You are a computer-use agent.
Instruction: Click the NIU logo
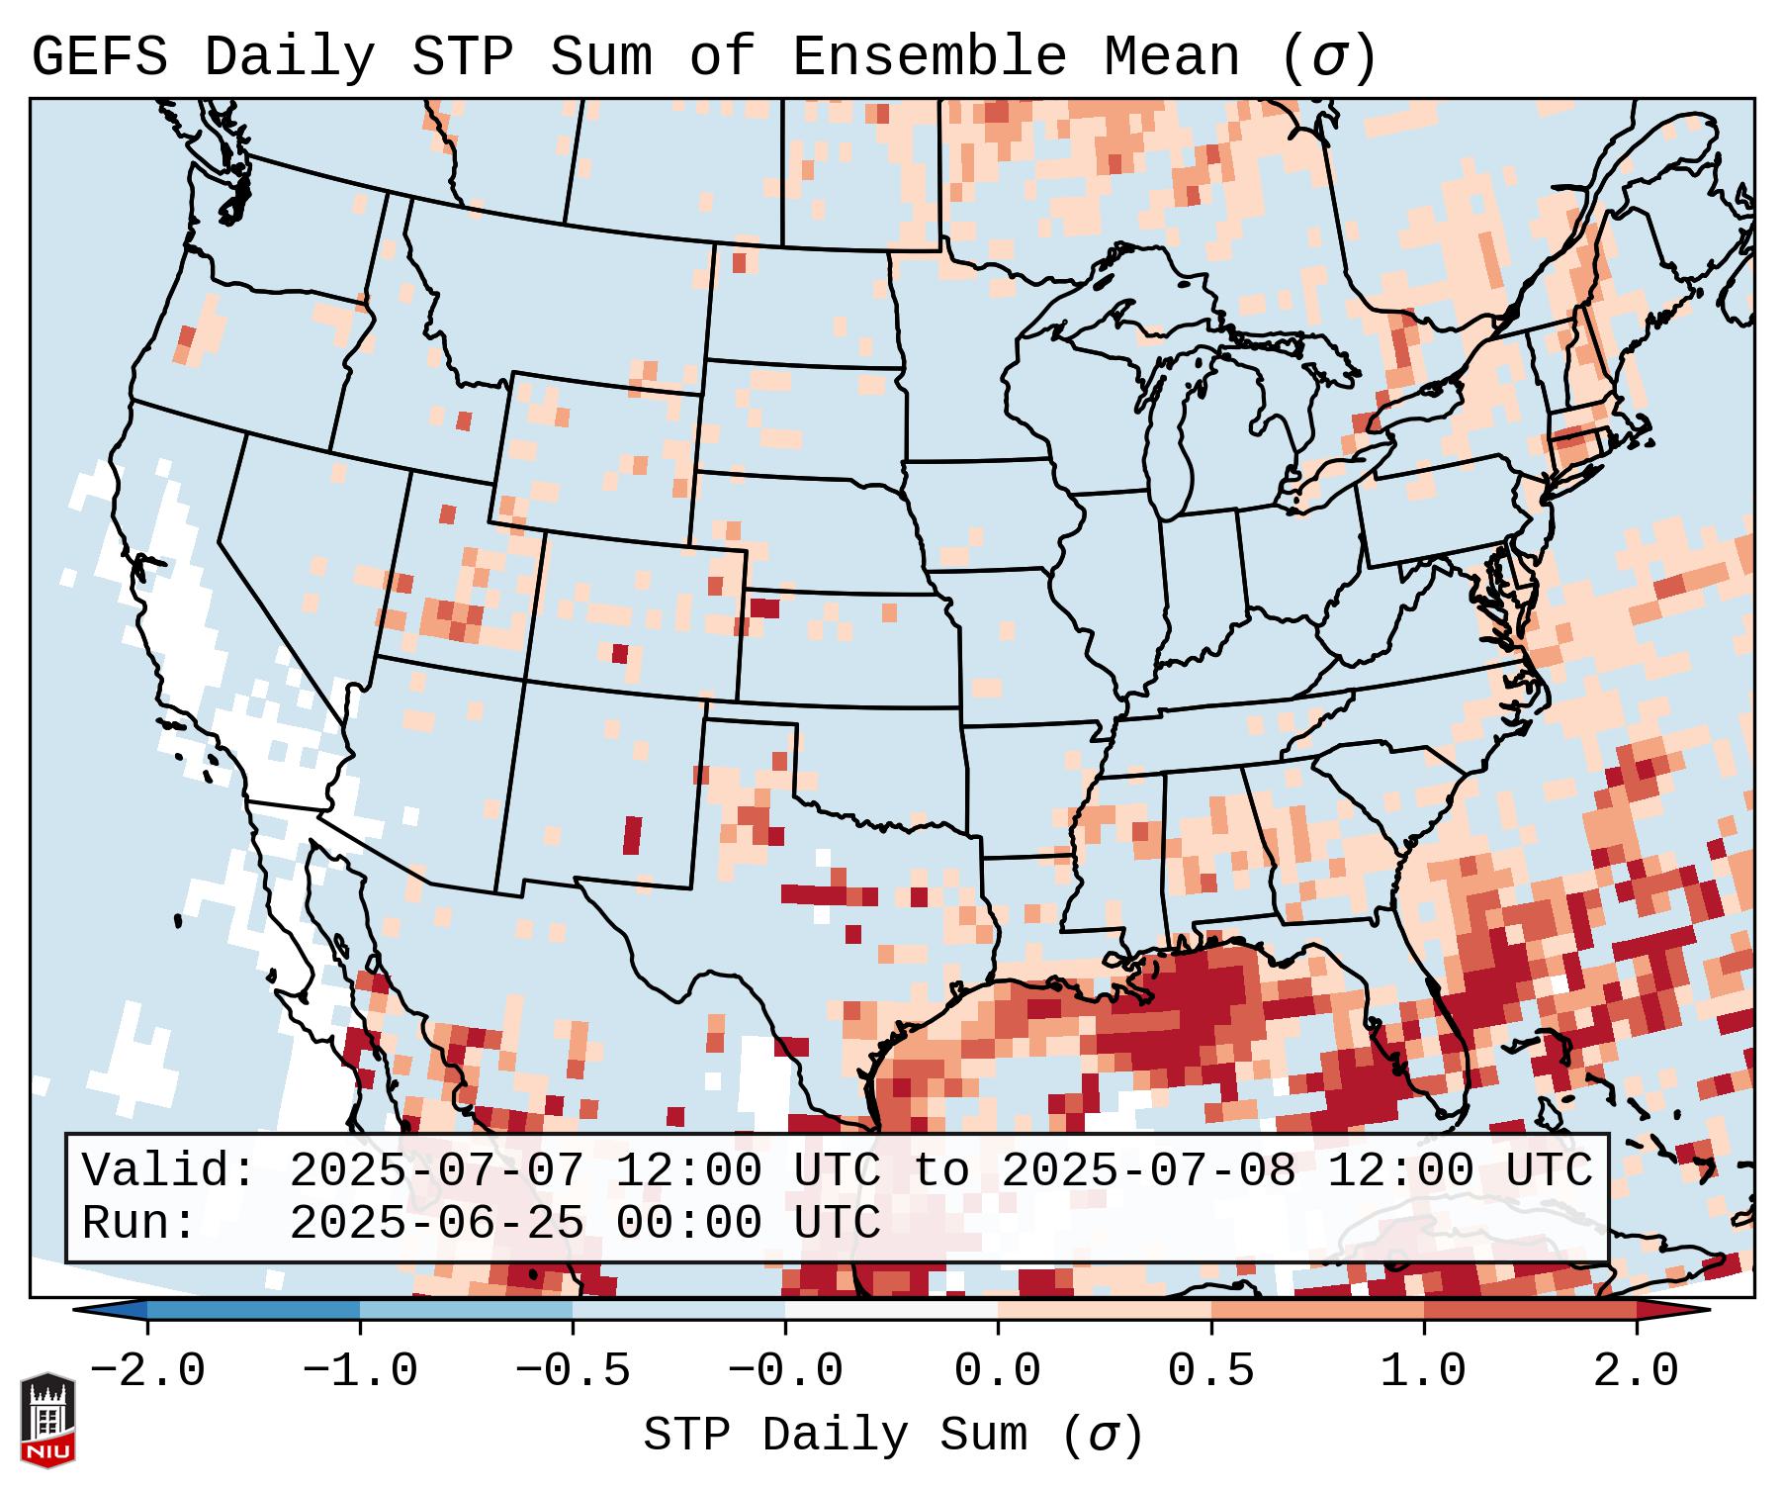46,1419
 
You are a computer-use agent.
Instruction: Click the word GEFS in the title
100,57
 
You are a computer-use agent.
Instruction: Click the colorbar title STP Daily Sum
837,1436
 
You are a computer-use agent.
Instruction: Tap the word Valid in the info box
169,1170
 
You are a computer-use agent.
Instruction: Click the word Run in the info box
139,1223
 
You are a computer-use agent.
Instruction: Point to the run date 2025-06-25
436,1223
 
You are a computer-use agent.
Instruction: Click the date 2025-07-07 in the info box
436,1170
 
